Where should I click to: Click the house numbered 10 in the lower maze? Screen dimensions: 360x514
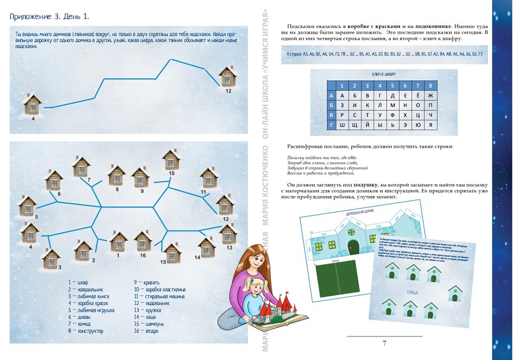pos(171,159)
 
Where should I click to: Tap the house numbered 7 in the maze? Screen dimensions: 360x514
pos(82,166)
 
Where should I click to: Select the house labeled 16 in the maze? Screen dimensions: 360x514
pos(143,241)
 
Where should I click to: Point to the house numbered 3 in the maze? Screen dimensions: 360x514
pos(51,258)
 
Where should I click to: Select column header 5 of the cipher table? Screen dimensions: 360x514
pos(392,85)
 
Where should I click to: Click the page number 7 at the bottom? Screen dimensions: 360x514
pos(384,343)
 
